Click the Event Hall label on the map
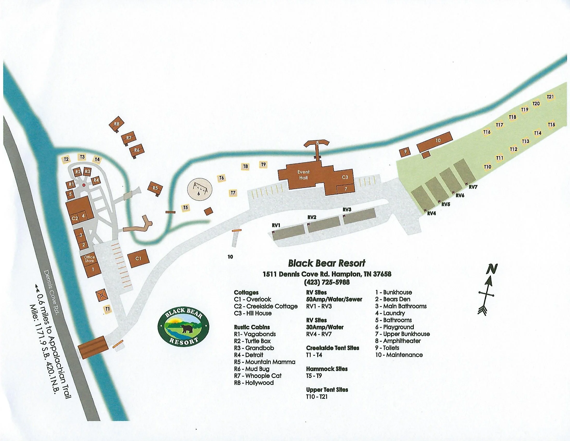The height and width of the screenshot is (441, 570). click(303, 175)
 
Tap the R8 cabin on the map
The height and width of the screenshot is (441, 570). click(116, 124)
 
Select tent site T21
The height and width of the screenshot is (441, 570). click(550, 97)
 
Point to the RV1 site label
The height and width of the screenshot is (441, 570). click(276, 225)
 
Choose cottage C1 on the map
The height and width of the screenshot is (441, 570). click(138, 258)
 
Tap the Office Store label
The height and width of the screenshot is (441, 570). click(89, 259)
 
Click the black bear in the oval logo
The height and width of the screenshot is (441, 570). click(186, 329)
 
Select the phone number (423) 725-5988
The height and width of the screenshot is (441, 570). click(327, 282)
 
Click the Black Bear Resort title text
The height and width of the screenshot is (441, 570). click(327, 263)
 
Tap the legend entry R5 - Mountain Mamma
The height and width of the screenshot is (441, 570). click(265, 362)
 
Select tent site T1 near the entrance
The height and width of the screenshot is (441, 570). click(108, 309)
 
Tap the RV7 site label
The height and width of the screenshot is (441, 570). click(473, 187)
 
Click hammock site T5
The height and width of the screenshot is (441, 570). click(185, 208)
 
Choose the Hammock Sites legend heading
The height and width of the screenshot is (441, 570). click(327, 369)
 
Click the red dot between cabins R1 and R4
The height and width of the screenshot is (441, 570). click(84, 185)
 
